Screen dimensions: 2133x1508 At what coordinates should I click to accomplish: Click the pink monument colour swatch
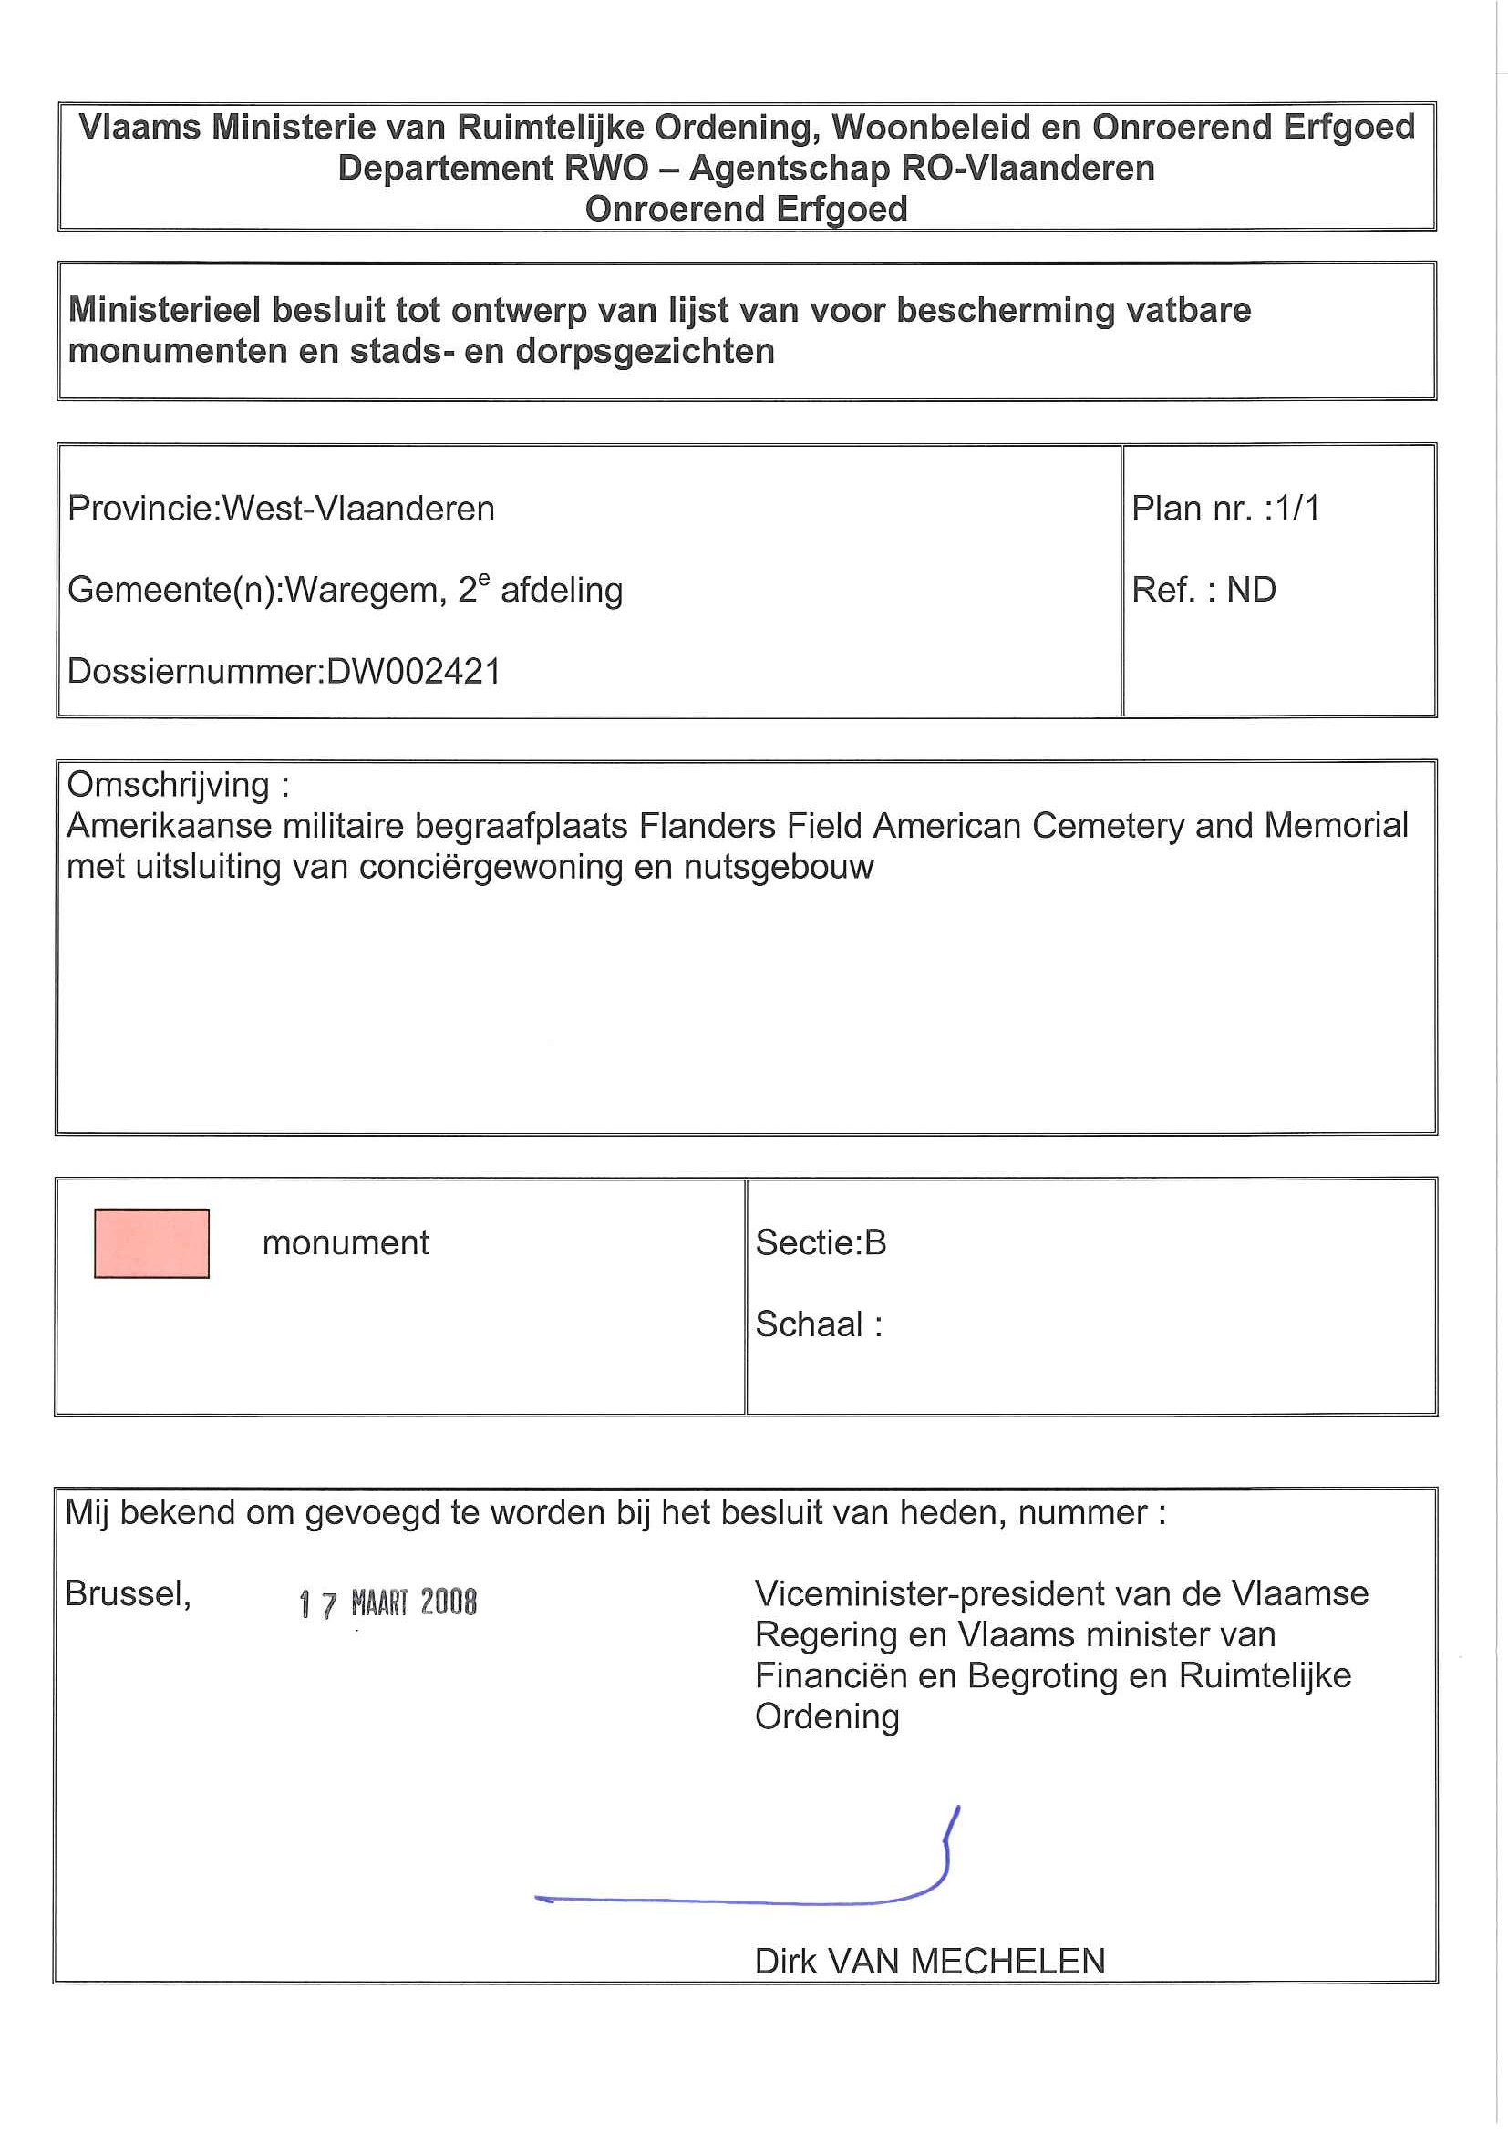tap(151, 1243)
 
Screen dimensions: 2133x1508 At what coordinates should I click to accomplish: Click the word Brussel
tap(128, 1594)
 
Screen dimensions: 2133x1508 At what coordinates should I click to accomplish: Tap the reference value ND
tap(1251, 590)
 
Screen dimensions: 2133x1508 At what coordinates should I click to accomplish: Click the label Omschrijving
tap(168, 785)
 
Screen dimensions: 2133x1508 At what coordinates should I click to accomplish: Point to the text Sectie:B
tap(821, 1243)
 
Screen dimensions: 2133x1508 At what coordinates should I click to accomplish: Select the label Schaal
tap(810, 1324)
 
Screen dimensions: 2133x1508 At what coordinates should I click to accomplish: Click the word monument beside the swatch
tap(346, 1243)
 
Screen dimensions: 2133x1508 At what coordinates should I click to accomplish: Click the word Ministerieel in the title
tap(164, 310)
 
